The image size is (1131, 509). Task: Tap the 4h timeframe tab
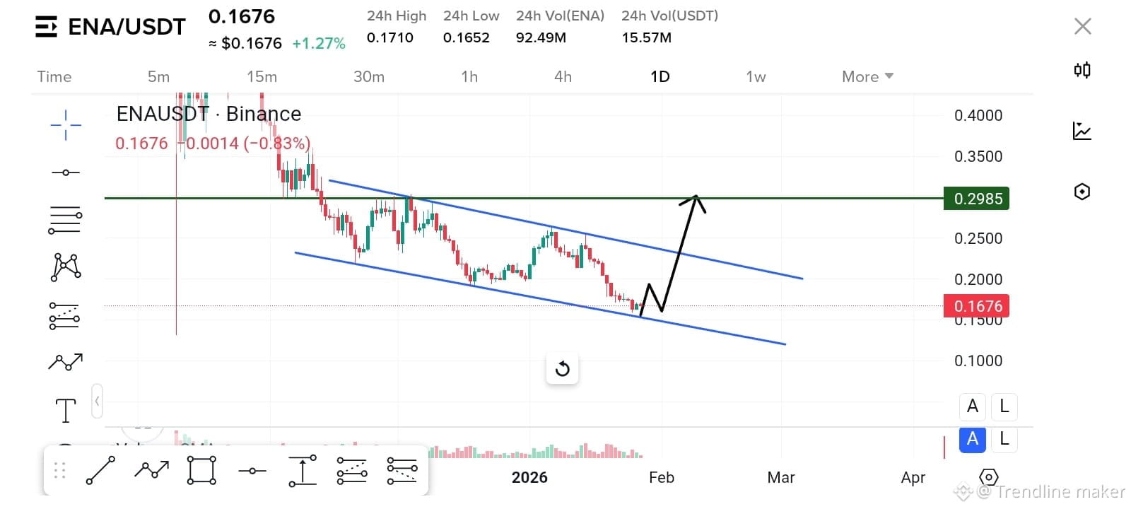[x=563, y=76]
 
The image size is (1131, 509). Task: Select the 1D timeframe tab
[x=660, y=76]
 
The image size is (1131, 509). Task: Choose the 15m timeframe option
[x=262, y=76]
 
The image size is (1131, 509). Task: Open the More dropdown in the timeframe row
[x=867, y=76]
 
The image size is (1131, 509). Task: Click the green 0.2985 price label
[x=976, y=199]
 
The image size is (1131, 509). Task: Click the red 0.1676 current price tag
[x=976, y=306]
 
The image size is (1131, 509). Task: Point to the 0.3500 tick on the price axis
[x=978, y=156]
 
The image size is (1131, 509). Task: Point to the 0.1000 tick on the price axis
[x=978, y=361]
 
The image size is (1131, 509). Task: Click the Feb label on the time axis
[x=661, y=477]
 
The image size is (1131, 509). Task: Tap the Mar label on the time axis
[x=780, y=477]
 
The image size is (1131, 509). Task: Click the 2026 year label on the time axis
[x=529, y=477]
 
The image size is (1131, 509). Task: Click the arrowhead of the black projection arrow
[x=696, y=199]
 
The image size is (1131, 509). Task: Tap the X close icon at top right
[x=1082, y=26]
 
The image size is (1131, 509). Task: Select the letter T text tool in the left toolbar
[x=66, y=410]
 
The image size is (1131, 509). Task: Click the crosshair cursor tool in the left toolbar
[x=66, y=125]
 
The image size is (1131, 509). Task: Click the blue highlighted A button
[x=972, y=439]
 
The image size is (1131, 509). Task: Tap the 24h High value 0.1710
[x=389, y=37]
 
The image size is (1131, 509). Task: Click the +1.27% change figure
[x=318, y=43]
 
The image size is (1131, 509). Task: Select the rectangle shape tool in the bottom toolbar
[x=201, y=470]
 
